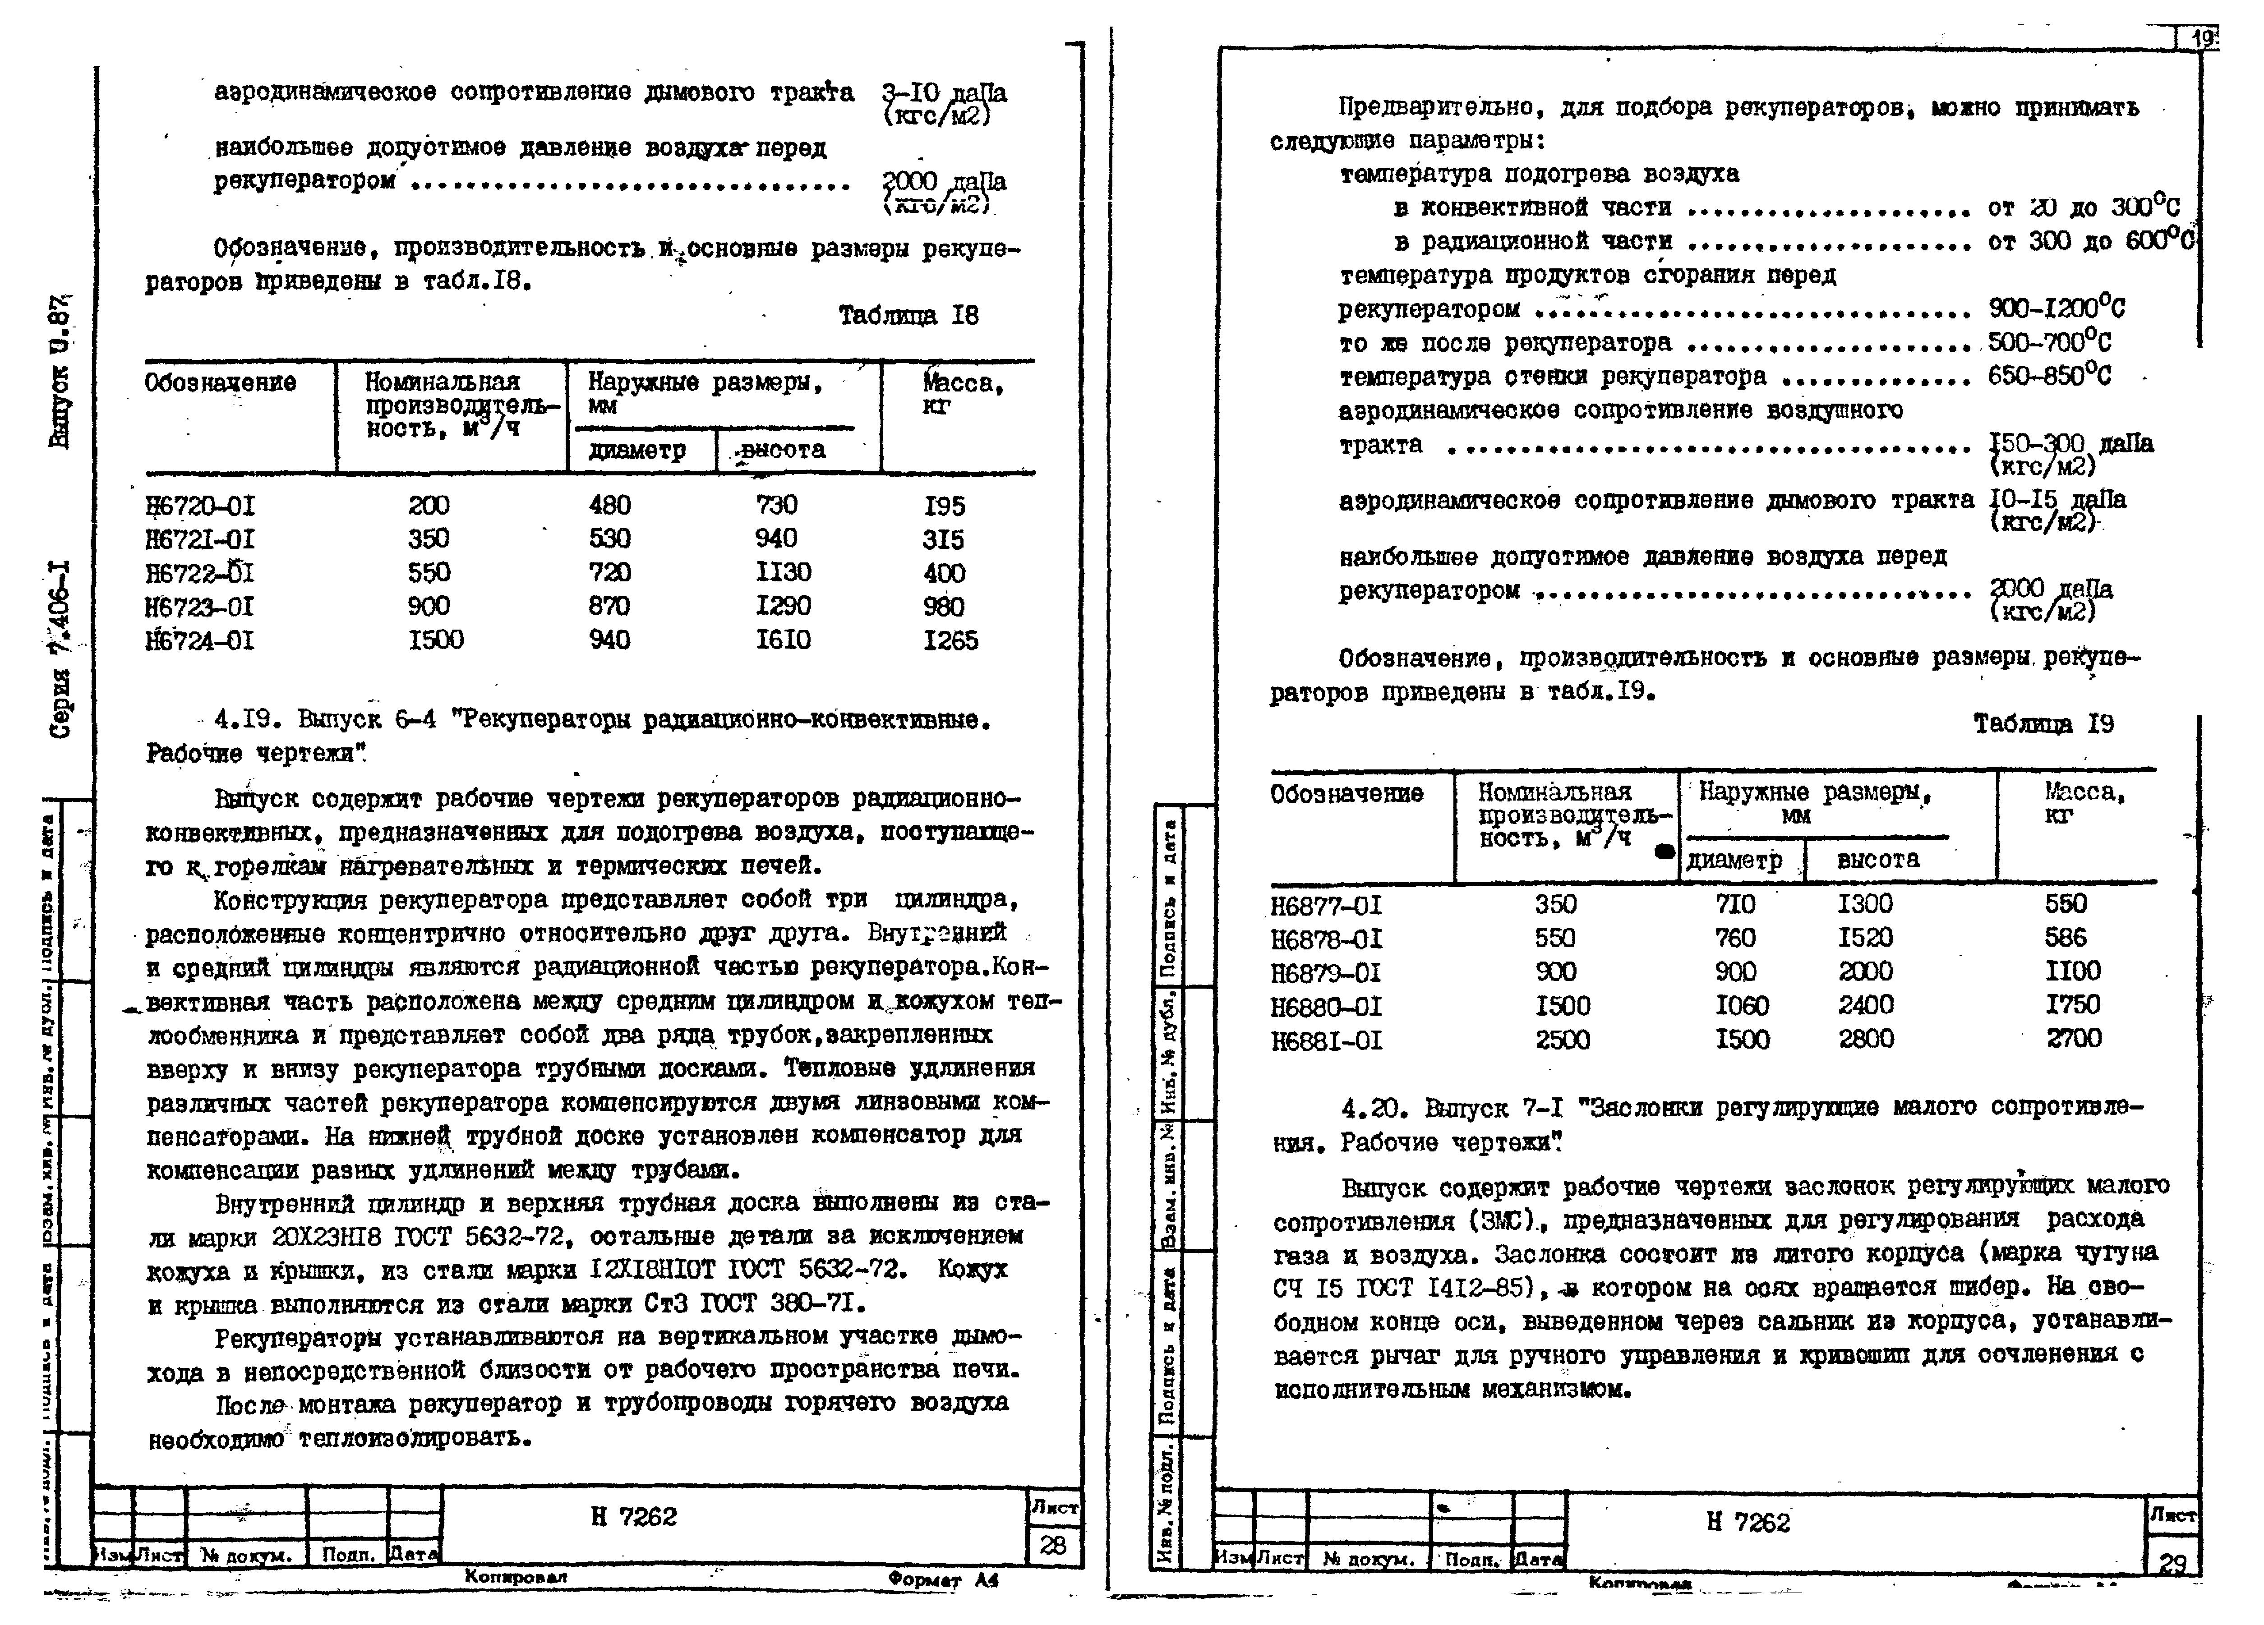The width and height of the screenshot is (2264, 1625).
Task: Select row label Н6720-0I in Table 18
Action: point(200,506)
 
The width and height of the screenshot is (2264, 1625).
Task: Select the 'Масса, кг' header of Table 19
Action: point(2084,804)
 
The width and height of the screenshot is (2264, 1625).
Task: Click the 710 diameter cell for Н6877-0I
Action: point(1735,904)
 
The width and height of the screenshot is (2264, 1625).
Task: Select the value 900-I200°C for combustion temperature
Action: point(2057,308)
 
